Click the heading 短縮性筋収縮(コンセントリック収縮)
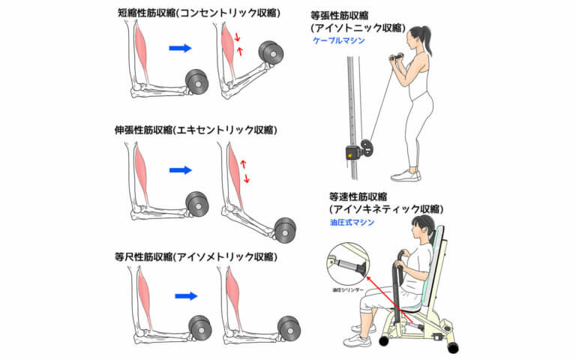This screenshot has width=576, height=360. (197, 12)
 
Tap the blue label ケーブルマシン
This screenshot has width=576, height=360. (339, 41)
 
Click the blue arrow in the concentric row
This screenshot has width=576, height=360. (181, 48)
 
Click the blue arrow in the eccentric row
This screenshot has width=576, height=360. (181, 170)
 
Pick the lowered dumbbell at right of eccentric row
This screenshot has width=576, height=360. (286, 228)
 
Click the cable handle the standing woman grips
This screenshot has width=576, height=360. (396, 58)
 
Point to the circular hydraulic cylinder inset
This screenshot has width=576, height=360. (346, 265)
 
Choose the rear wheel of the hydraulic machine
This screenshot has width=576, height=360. (451, 348)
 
